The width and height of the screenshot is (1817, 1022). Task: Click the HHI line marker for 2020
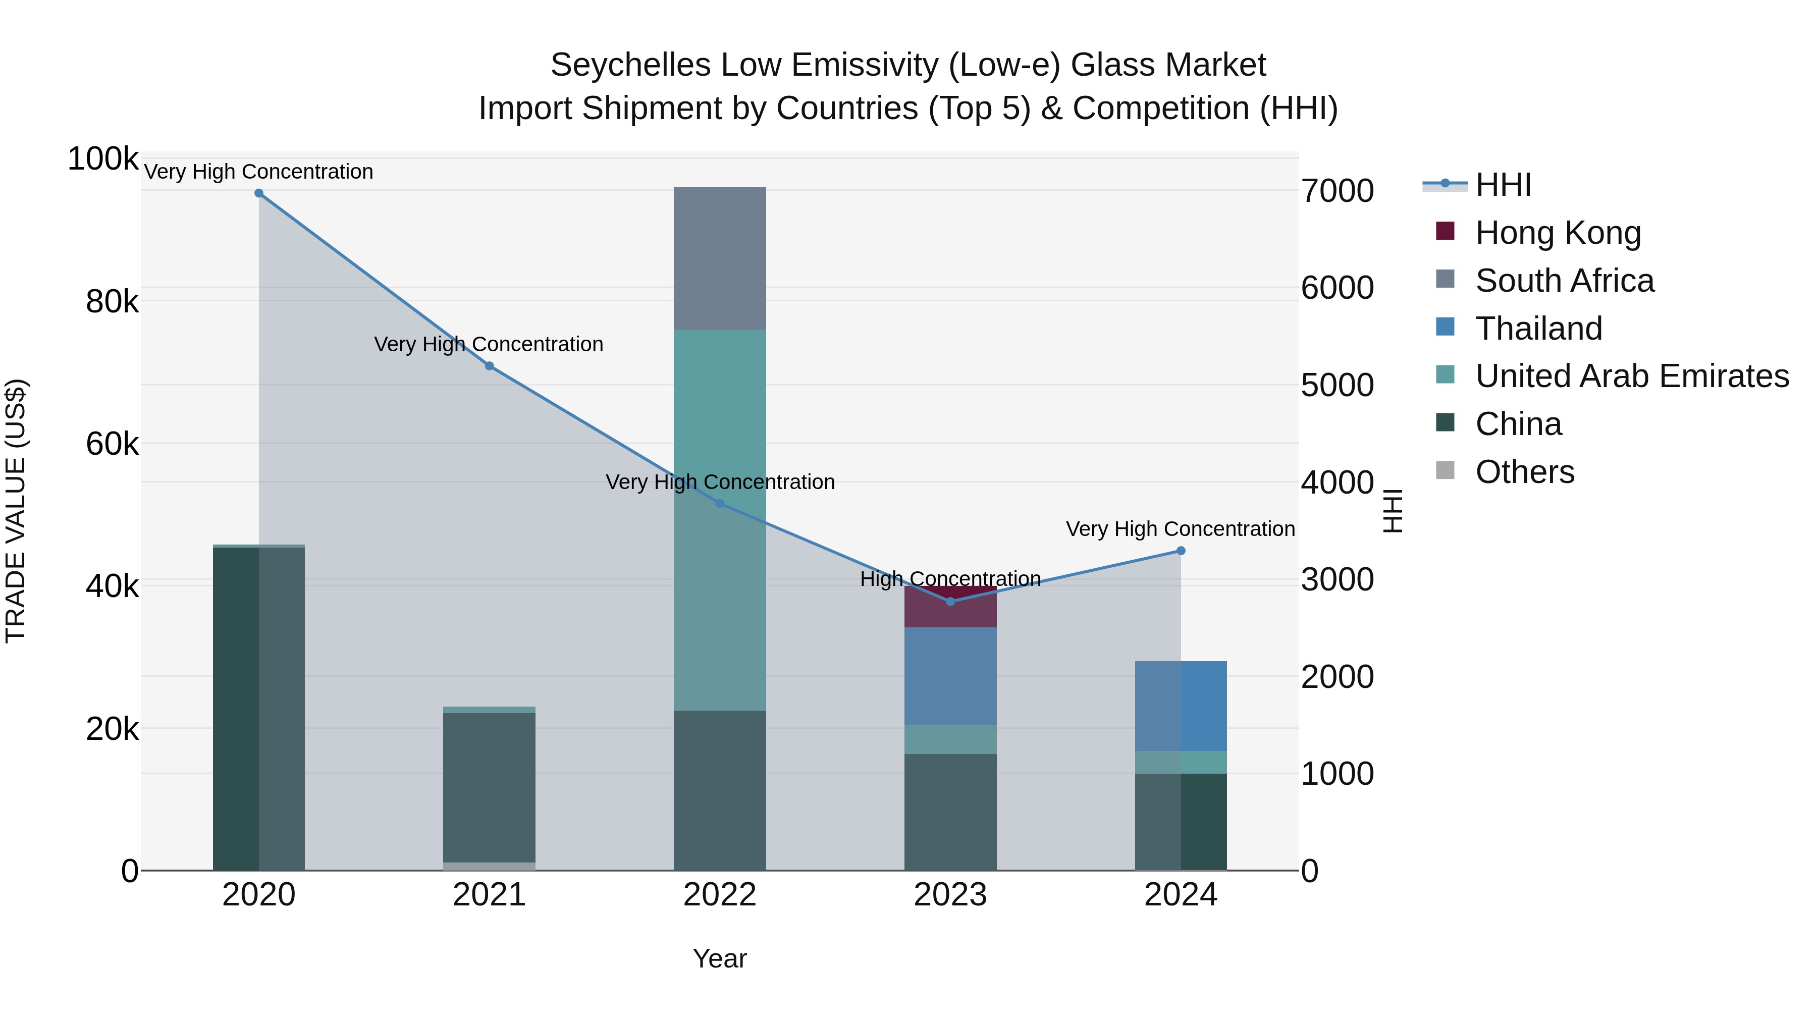(x=259, y=193)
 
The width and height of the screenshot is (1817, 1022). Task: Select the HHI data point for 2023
(x=950, y=602)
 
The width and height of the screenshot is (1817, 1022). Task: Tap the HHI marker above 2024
(x=1181, y=551)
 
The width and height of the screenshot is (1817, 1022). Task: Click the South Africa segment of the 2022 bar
(x=719, y=259)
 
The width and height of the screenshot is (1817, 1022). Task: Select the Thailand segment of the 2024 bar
(x=1181, y=706)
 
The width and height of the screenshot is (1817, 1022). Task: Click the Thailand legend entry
(x=1538, y=329)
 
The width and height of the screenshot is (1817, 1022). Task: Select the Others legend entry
(x=1524, y=472)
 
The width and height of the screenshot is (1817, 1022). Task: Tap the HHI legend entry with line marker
(x=1503, y=185)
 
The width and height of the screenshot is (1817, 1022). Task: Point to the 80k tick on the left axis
(x=112, y=303)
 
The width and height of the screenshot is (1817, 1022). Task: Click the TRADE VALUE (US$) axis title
(x=16, y=511)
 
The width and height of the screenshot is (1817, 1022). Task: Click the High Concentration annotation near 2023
(x=950, y=579)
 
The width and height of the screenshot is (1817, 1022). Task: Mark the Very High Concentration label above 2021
(x=489, y=344)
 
